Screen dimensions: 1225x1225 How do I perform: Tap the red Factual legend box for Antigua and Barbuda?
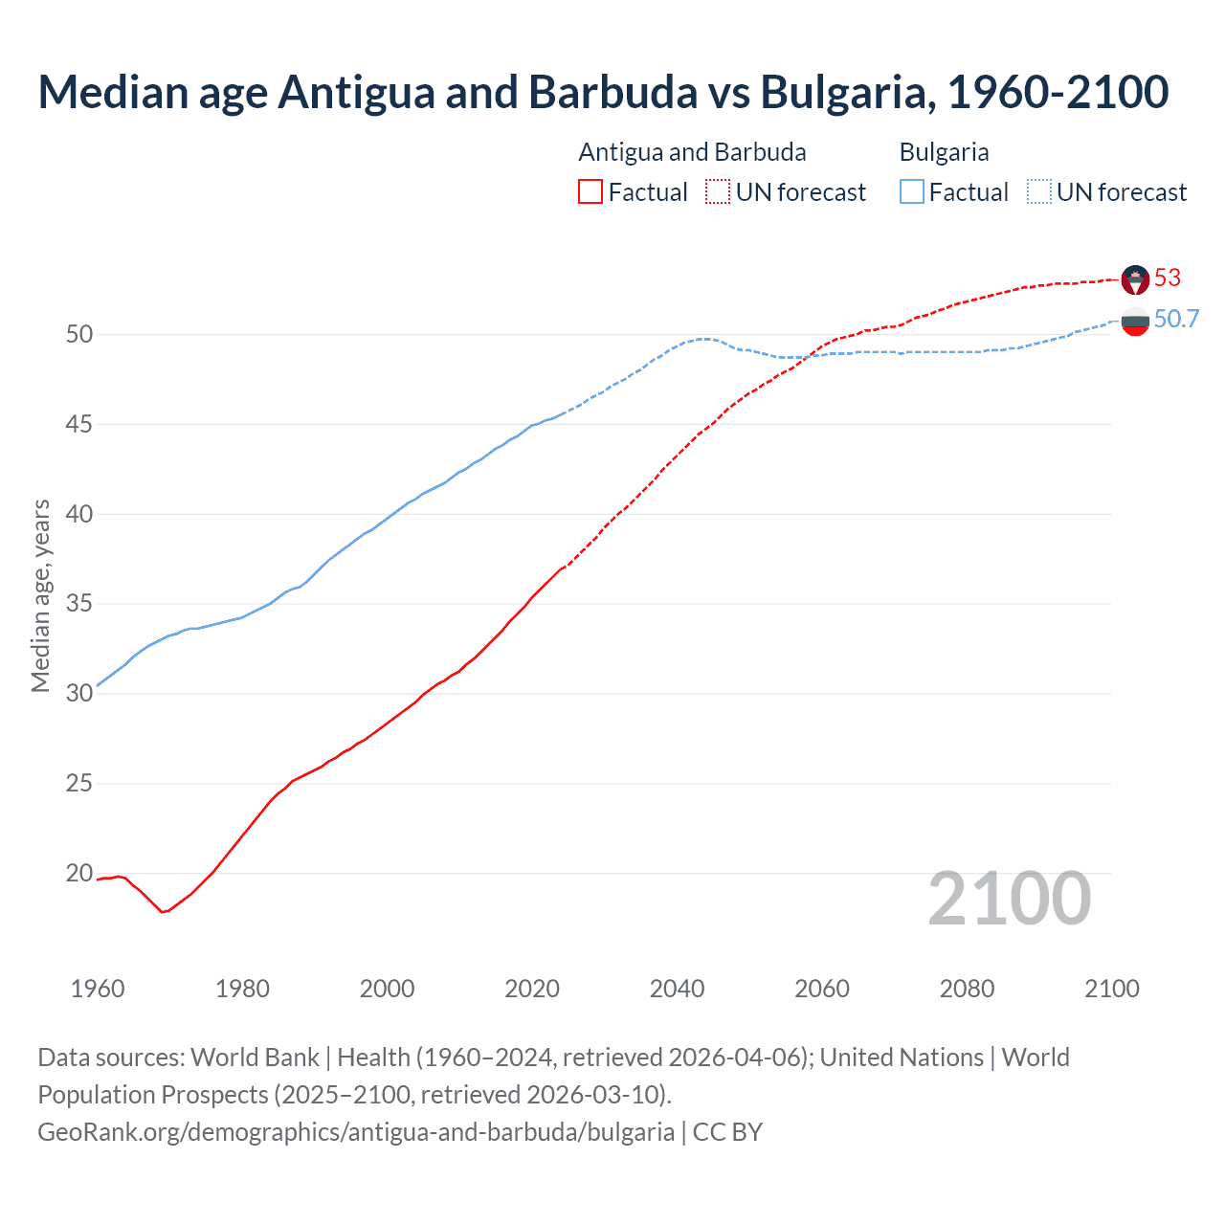click(x=590, y=192)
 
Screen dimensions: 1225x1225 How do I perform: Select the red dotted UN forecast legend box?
click(x=718, y=192)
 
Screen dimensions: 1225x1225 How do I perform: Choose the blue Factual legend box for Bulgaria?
click(x=912, y=192)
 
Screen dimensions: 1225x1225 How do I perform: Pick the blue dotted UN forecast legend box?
click(x=1039, y=192)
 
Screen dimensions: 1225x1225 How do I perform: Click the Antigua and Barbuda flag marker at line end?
click(x=1135, y=279)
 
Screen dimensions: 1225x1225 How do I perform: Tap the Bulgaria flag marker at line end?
click(x=1135, y=323)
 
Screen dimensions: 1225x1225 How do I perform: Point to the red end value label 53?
click(x=1168, y=278)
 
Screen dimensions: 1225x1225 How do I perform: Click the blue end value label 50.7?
click(x=1176, y=320)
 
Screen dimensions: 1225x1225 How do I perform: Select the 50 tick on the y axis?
click(x=79, y=334)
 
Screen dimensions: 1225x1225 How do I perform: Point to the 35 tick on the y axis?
click(x=79, y=604)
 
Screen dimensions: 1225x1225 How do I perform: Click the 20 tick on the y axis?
click(x=79, y=873)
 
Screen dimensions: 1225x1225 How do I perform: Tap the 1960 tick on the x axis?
click(x=98, y=989)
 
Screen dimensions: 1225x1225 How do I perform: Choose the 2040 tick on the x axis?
click(x=677, y=989)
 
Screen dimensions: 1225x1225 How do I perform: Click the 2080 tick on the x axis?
click(x=967, y=989)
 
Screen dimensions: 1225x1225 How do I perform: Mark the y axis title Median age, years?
click(x=40, y=595)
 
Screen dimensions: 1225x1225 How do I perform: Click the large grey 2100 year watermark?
click(x=1010, y=898)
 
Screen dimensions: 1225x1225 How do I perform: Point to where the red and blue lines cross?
click(x=809, y=356)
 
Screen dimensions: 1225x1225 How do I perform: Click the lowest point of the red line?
click(x=162, y=912)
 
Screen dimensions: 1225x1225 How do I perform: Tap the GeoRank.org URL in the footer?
click(x=356, y=1131)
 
